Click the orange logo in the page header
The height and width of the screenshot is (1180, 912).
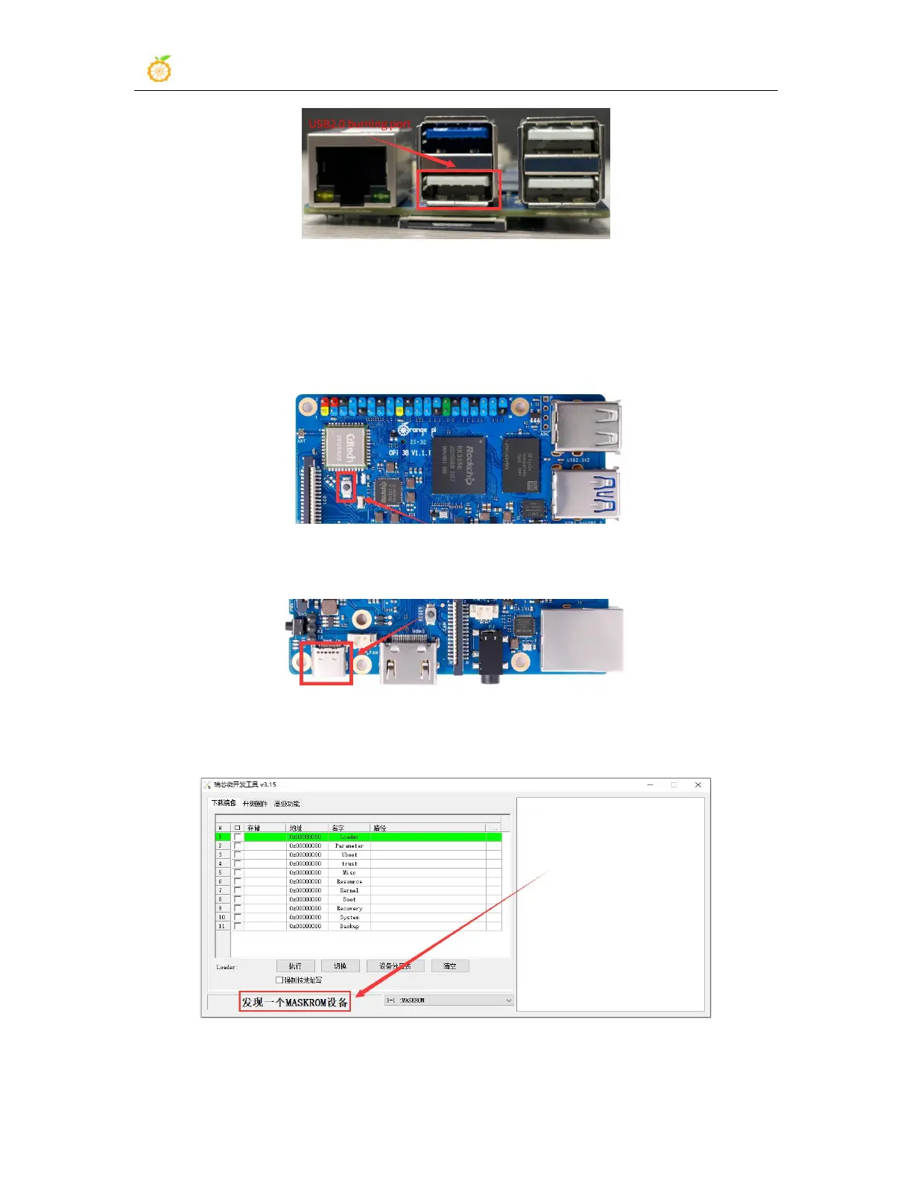(159, 69)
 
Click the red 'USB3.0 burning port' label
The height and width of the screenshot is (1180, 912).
(360, 123)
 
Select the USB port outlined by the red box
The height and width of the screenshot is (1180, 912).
(457, 189)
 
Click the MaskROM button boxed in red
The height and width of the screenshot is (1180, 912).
(346, 487)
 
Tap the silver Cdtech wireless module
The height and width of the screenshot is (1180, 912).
(346, 448)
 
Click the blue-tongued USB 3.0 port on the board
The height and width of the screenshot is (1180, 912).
(586, 494)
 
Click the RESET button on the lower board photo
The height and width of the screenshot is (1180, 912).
(431, 614)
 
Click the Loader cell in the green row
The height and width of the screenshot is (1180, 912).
(349, 837)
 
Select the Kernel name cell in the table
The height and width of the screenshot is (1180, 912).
(349, 890)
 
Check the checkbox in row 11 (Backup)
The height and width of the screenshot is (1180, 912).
(238, 926)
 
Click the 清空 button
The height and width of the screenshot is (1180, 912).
(450, 966)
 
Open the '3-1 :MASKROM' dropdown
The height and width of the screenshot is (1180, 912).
(449, 1000)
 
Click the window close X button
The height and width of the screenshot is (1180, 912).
(697, 785)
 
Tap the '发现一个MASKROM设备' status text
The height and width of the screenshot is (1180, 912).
(295, 1003)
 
